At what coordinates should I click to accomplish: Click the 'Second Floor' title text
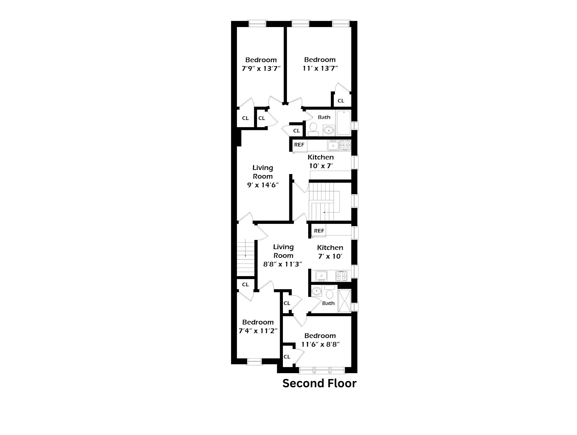pos(319,384)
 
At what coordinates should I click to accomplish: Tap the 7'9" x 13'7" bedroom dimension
pos(261,68)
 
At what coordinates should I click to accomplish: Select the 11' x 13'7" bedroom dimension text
pos(320,68)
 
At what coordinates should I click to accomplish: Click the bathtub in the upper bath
pos(343,123)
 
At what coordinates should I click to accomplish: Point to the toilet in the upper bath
pos(313,128)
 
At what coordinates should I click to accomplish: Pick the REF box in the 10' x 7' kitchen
pos(299,145)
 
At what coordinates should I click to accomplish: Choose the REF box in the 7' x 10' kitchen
pos(319,231)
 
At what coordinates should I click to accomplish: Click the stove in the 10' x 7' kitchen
pos(345,145)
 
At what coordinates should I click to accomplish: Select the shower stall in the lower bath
pos(344,301)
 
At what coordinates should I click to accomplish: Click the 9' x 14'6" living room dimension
pos(263,185)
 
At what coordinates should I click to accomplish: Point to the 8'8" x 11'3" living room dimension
pos(283,264)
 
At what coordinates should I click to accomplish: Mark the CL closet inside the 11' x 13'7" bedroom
pos(341,101)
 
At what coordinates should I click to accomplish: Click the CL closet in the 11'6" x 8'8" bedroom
pos(287,357)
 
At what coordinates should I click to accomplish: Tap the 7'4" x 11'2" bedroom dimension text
pos(258,331)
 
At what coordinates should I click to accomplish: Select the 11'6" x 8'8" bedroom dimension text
pos(320,344)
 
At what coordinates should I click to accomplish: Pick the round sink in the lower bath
pos(317,291)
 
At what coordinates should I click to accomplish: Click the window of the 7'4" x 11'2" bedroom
pos(254,362)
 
